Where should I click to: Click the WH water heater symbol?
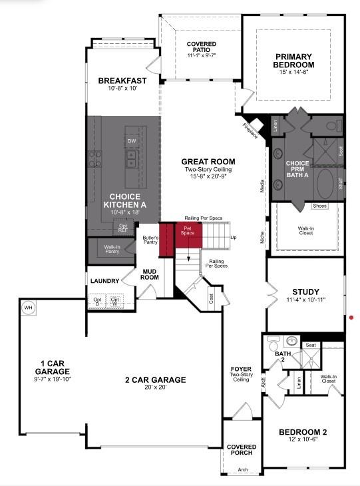click(28, 308)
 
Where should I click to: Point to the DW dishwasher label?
click(132, 141)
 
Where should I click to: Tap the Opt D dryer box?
click(97, 301)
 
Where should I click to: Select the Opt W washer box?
click(116, 301)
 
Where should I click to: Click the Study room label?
click(306, 292)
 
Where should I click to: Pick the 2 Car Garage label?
click(155, 380)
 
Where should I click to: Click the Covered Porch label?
click(242, 451)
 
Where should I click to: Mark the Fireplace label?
click(250, 130)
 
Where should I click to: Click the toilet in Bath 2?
click(272, 345)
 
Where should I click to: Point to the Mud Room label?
click(148, 275)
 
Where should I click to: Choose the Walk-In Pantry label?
click(112, 250)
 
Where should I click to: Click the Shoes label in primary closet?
click(320, 206)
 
